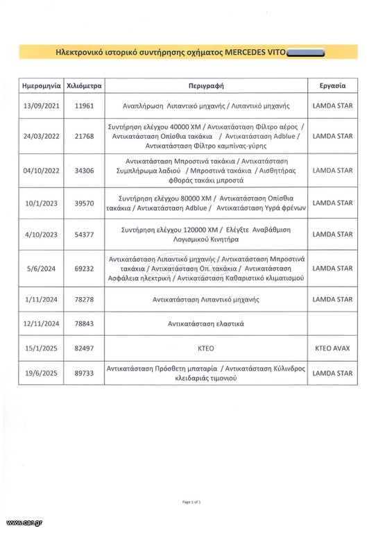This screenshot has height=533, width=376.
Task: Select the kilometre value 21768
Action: (x=83, y=137)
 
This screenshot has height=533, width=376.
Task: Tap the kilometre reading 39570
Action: (x=83, y=202)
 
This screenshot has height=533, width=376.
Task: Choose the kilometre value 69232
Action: (x=83, y=267)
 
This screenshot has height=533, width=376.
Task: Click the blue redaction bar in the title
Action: (x=309, y=52)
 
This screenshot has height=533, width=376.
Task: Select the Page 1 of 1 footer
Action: (x=191, y=501)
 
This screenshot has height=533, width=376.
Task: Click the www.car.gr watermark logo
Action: (x=24, y=522)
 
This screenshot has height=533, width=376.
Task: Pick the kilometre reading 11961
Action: (x=83, y=108)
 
